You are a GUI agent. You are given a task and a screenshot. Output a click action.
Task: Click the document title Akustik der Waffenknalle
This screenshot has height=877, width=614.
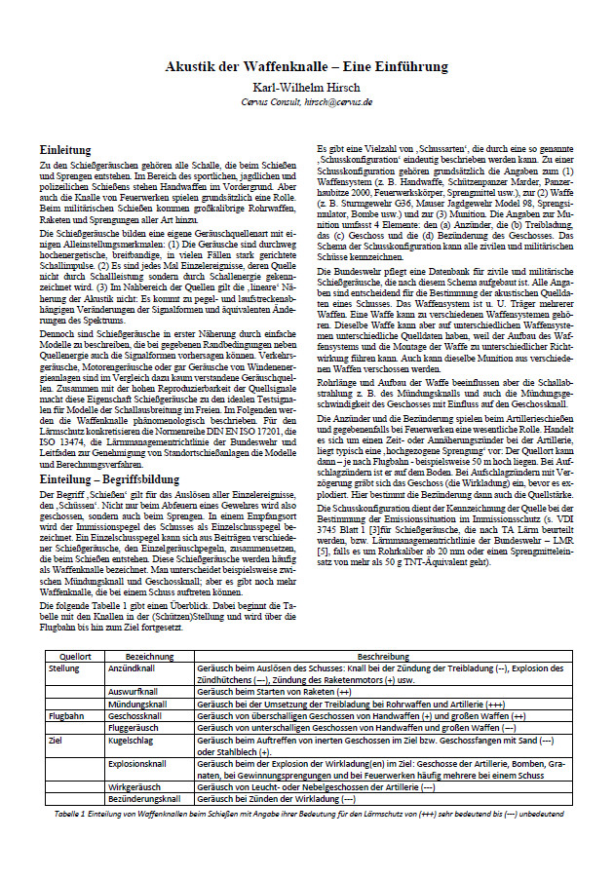pyautogui.click(x=307, y=67)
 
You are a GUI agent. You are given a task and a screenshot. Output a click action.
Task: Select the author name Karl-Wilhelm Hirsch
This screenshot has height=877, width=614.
pyautogui.click(x=307, y=86)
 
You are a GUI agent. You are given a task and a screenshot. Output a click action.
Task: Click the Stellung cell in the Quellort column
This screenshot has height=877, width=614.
pyautogui.click(x=64, y=669)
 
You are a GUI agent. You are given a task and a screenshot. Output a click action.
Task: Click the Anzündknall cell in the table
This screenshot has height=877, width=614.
pyautogui.click(x=133, y=669)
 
